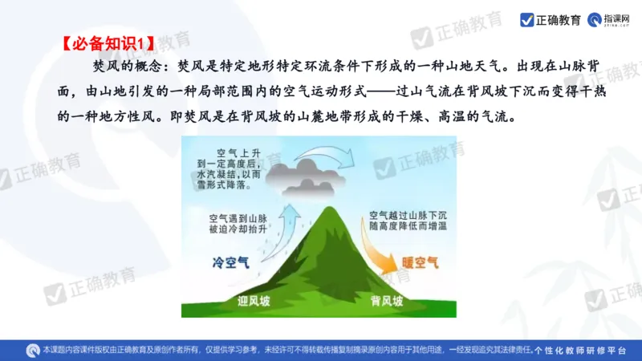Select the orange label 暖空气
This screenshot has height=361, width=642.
click(420, 262)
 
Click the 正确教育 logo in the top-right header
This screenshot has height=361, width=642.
click(550, 19)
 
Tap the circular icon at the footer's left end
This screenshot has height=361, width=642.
click(33, 351)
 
